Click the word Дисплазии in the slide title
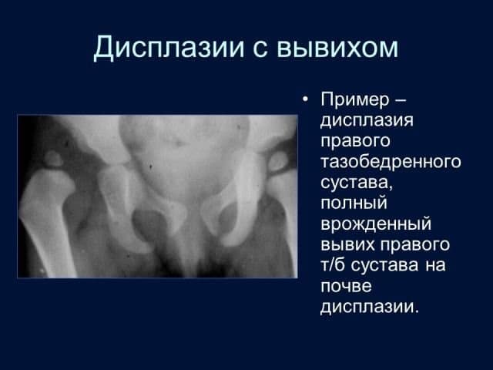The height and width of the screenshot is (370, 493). click(x=169, y=48)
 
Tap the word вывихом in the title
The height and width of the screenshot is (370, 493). click(x=337, y=48)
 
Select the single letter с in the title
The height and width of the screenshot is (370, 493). click(x=260, y=49)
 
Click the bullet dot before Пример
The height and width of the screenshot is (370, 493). click(x=305, y=99)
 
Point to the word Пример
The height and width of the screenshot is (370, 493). click(x=355, y=100)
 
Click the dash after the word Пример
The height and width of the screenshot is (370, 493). click(x=400, y=101)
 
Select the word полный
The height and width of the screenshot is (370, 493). click(x=354, y=203)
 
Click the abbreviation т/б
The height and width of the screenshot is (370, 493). click(x=333, y=264)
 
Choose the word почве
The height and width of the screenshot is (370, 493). click(x=346, y=286)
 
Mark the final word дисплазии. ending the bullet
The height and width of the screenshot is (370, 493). click(x=370, y=307)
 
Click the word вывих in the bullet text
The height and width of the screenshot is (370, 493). click(x=348, y=245)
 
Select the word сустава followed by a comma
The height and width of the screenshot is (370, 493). click(x=357, y=183)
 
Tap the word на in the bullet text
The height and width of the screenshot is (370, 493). click(x=435, y=265)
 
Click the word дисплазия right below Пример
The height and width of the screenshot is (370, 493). click(x=367, y=121)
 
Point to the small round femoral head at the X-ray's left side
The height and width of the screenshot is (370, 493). click(x=54, y=159)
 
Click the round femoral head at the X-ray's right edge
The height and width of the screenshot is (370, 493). click(x=278, y=162)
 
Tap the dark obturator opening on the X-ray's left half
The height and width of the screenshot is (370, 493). click(x=148, y=222)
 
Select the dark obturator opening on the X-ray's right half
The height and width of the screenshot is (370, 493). click(x=226, y=220)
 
